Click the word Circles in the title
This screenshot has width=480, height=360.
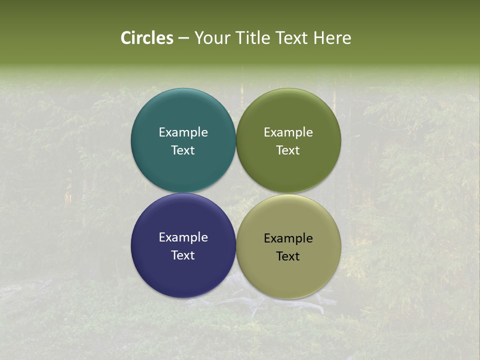147,38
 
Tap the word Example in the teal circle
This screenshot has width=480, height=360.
183,132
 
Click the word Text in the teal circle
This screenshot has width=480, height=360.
183,150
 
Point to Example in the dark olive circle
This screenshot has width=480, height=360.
288,132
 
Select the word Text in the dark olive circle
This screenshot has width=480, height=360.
288,150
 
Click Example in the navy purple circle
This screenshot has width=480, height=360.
183,237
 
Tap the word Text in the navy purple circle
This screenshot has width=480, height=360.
183,255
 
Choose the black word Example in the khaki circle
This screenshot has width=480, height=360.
288,238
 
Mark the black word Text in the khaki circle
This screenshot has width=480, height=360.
288,256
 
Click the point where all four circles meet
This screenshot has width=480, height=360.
236,192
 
